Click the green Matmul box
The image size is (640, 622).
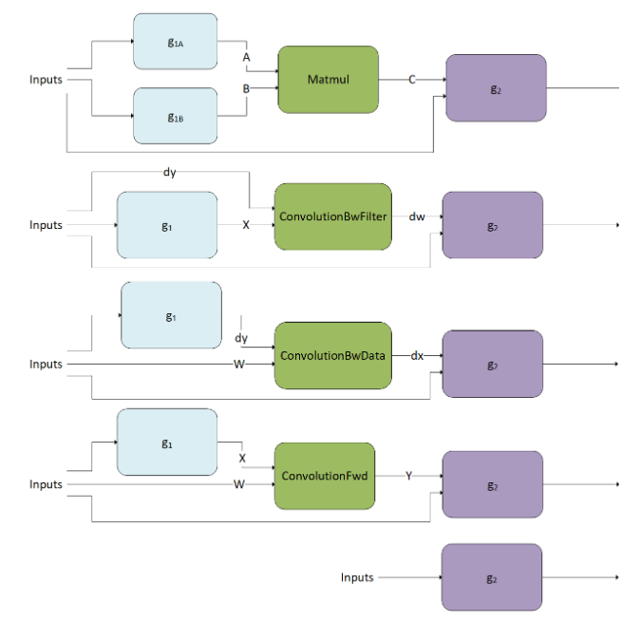click(329, 80)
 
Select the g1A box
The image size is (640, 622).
click(175, 42)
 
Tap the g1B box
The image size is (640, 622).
click(175, 116)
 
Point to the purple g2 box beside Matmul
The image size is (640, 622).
click(496, 88)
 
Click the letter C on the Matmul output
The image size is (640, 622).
click(412, 80)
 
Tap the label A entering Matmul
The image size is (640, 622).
click(248, 57)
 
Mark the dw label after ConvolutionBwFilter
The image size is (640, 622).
click(417, 217)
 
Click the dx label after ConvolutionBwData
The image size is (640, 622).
click(417, 355)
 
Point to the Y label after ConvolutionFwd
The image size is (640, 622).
click(409, 475)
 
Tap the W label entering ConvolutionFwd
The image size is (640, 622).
click(240, 484)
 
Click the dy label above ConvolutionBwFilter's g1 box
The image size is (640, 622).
click(170, 172)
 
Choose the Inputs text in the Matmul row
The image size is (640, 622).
click(46, 79)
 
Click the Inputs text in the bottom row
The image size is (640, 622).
click(357, 577)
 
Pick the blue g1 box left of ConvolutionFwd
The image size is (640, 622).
click(166, 443)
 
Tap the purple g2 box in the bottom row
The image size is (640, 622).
click(492, 577)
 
